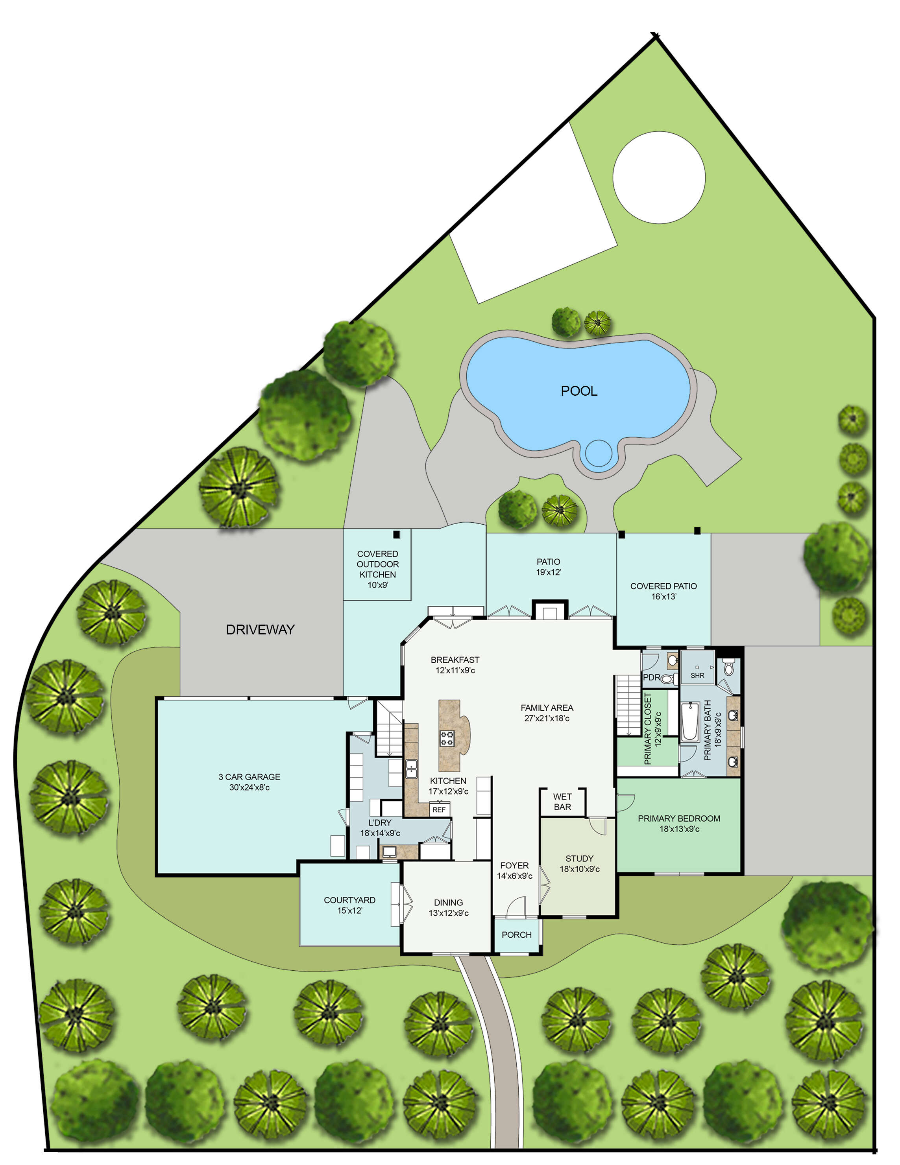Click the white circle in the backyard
point(659,178)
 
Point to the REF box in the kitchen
point(439,810)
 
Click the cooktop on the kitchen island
point(447,739)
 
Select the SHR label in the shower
point(697,675)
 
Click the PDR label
point(651,677)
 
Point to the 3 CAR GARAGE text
point(249,777)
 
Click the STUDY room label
point(579,858)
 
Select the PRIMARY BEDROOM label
point(679,818)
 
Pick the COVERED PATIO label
point(663,586)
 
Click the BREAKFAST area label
point(455,660)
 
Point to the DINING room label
point(448,903)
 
